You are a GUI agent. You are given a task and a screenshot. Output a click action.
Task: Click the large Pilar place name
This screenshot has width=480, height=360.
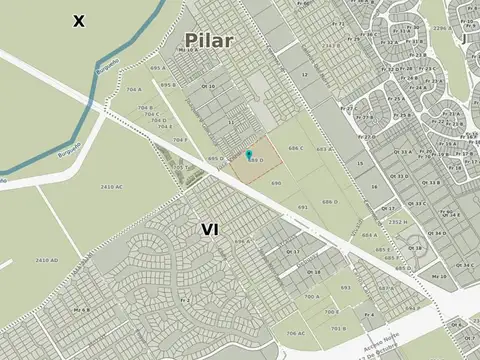208,41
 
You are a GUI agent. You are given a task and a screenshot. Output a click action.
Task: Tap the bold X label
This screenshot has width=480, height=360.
78,20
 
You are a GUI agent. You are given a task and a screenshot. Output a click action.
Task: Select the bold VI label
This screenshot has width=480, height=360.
209,229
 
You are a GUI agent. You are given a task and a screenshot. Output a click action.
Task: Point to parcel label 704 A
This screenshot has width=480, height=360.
133,89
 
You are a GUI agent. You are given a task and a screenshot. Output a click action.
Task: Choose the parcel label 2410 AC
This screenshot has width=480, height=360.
112,186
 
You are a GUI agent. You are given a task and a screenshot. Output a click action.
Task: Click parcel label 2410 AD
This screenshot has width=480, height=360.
46,260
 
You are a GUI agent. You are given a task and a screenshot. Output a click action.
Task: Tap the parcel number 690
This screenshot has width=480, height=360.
275,183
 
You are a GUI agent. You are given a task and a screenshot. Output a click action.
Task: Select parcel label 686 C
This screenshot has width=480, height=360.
295,148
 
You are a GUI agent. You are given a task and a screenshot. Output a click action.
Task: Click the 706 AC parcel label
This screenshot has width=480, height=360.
295,333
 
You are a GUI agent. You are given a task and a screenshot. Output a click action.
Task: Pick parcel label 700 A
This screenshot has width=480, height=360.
312,296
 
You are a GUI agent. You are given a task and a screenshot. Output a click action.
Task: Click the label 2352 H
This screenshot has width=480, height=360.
397,222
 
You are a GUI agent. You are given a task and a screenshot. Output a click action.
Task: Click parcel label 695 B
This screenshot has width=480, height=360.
168,85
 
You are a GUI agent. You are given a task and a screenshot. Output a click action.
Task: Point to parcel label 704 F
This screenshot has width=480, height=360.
179,140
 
